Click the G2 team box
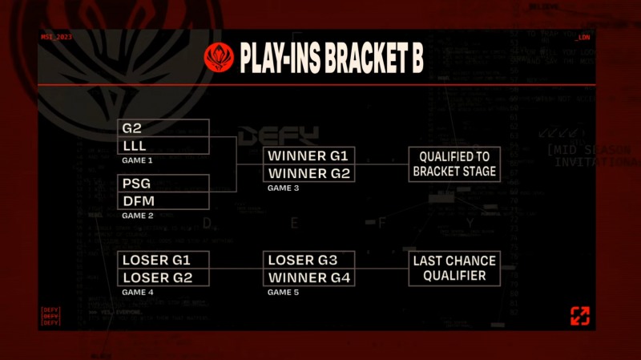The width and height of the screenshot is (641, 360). click(x=164, y=128)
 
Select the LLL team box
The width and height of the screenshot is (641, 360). click(x=164, y=145)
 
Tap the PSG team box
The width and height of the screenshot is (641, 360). click(x=164, y=184)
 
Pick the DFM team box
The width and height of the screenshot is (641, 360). click(x=164, y=200)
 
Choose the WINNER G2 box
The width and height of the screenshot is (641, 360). click(x=308, y=173)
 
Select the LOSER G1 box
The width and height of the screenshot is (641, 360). click(x=163, y=260)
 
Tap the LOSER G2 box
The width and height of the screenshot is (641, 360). click(x=163, y=277)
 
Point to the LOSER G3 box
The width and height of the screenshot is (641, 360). click(x=308, y=260)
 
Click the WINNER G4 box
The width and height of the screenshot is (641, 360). click(x=308, y=277)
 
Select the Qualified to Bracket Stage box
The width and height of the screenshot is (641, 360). click(x=454, y=164)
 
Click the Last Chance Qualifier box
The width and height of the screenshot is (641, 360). click(x=454, y=269)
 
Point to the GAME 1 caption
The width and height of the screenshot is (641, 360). click(x=137, y=160)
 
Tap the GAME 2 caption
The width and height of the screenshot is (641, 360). click(x=137, y=215)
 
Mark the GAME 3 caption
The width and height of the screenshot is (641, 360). click(x=284, y=188)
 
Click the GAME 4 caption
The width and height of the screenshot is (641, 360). click(x=137, y=292)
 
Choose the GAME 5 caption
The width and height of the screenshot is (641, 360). click(x=284, y=292)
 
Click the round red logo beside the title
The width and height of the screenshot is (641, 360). click(x=219, y=58)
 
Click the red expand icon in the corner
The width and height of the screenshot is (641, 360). click(x=579, y=316)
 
